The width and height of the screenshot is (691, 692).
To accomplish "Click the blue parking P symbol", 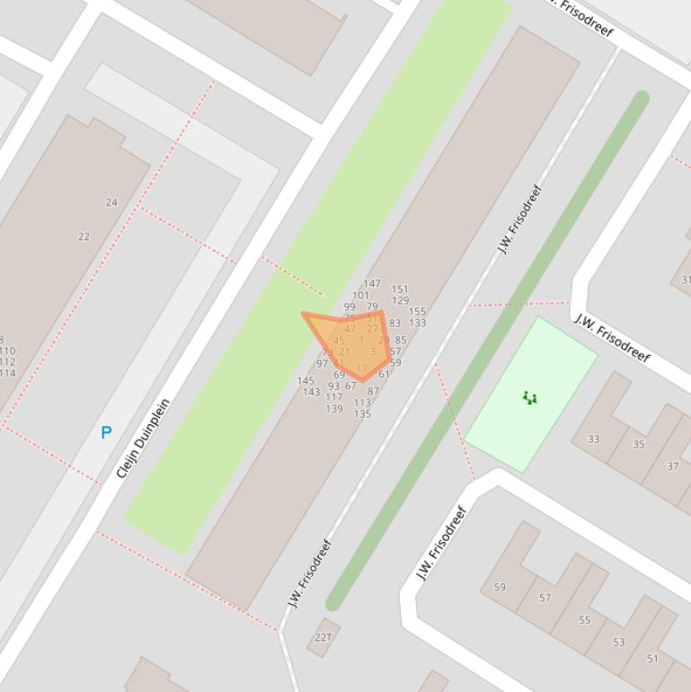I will (x=106, y=432).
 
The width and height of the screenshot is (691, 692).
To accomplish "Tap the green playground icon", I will (x=529, y=397).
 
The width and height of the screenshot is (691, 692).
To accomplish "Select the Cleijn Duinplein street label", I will (x=143, y=438).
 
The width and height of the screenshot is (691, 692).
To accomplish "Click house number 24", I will (x=111, y=202).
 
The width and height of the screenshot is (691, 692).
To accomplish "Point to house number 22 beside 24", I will (x=84, y=236).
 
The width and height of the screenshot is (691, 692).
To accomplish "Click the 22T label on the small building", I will (x=323, y=637).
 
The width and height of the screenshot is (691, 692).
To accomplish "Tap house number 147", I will (x=372, y=283).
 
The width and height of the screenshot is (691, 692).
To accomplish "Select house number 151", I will (x=400, y=289).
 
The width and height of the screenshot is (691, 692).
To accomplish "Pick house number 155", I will (x=417, y=312).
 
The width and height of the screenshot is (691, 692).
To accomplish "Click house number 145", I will (x=306, y=381).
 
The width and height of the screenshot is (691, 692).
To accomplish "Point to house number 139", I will (x=334, y=409).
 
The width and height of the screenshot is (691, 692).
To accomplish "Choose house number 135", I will (x=362, y=414).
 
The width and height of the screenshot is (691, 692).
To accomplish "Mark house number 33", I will (x=593, y=439).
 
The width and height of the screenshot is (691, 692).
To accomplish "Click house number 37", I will (x=672, y=466).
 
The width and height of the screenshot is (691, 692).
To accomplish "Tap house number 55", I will (x=585, y=620).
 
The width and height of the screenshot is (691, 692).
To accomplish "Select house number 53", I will (x=618, y=642).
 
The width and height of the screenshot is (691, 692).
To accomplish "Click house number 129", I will (x=400, y=301).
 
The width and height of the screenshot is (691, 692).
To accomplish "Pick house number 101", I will (x=360, y=295).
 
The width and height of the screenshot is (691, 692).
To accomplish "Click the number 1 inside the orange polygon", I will (x=361, y=340).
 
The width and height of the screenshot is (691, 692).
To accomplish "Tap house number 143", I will (x=311, y=392).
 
